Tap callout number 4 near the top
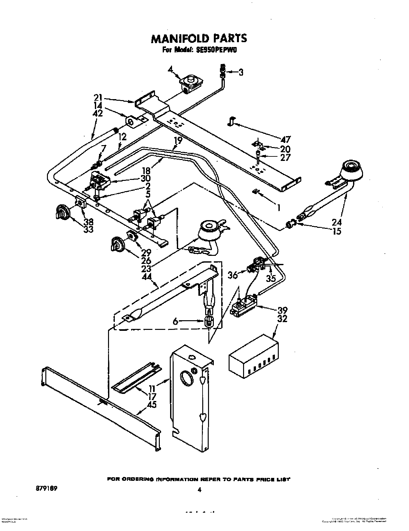point(170,69)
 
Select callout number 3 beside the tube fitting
point(241,72)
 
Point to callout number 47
point(286,139)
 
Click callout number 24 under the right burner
point(337,222)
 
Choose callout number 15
point(337,231)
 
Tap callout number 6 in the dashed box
point(175,321)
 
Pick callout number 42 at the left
point(98,114)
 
